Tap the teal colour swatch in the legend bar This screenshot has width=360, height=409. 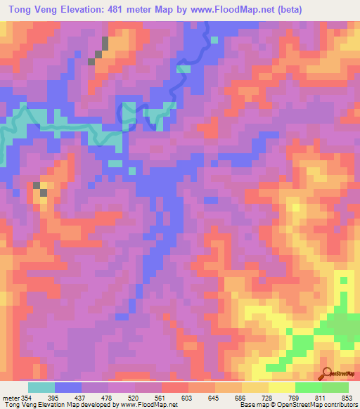tap(41, 387)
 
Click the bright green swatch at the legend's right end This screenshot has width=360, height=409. tap(335, 387)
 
